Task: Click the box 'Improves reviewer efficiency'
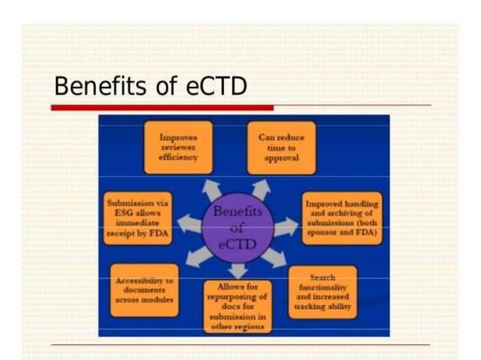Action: [x=179, y=148]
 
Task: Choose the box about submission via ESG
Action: [x=137, y=219]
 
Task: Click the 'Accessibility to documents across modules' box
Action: [x=144, y=290]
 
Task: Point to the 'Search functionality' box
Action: [x=322, y=292]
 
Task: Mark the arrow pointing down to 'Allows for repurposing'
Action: [x=237, y=270]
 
